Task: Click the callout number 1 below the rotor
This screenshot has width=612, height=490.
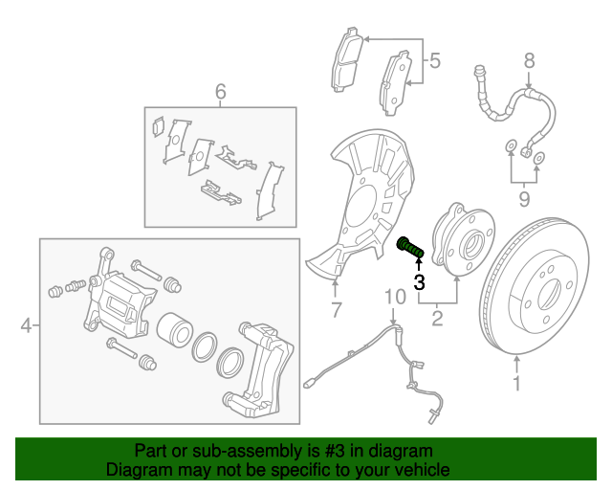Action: (x=517, y=386)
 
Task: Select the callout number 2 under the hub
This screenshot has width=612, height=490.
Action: (x=437, y=319)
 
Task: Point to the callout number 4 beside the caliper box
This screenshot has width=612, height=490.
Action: (x=27, y=327)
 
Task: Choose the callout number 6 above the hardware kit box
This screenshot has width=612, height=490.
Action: (x=220, y=92)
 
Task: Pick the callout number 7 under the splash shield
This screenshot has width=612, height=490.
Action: (x=336, y=309)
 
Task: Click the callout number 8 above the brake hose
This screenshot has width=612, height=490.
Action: (x=528, y=63)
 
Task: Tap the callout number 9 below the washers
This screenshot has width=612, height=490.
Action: (x=523, y=198)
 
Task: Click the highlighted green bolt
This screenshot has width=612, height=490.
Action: (x=409, y=247)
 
